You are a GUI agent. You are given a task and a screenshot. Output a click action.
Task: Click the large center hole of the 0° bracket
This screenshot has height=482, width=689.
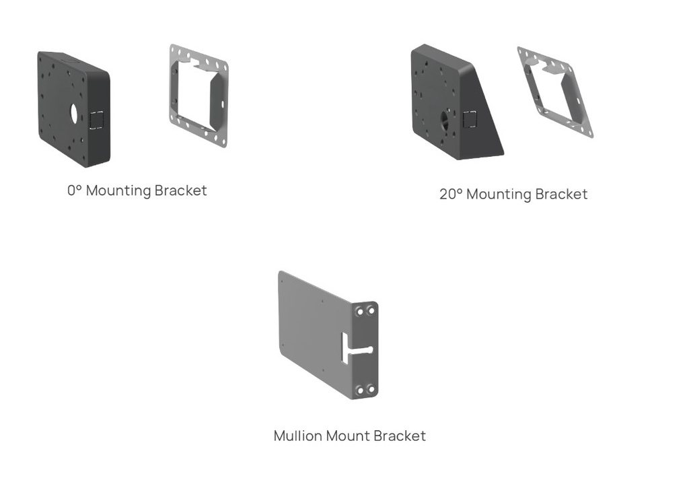(x=74, y=113)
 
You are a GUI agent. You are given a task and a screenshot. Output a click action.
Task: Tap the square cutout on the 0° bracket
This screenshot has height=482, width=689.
(x=96, y=119)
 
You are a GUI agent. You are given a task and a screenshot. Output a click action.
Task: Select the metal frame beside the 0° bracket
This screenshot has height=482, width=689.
(x=198, y=95)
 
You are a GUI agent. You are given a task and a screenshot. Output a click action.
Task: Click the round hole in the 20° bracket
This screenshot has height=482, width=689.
(x=445, y=120)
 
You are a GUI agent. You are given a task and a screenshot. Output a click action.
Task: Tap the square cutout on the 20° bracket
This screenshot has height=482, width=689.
(x=469, y=119)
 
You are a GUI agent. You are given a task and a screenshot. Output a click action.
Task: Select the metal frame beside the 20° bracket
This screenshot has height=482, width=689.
(x=554, y=92)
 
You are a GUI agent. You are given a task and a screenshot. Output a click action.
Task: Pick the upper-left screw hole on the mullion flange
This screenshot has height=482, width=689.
(x=361, y=311)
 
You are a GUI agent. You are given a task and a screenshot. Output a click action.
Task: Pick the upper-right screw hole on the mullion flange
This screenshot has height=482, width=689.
(x=371, y=310)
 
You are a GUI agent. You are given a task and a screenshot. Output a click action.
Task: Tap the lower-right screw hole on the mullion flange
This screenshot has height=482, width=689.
(x=371, y=389)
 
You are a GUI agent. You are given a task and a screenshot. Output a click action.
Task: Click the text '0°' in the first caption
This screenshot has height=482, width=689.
(x=74, y=191)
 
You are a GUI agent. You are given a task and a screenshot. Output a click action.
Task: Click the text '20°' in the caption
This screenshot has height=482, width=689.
(x=450, y=195)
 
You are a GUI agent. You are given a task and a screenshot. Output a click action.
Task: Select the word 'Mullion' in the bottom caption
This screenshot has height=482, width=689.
(x=298, y=436)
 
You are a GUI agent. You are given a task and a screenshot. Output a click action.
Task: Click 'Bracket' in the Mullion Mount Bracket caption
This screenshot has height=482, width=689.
(x=400, y=436)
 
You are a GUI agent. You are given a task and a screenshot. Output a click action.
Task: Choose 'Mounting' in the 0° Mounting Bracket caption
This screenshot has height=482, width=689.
(x=118, y=191)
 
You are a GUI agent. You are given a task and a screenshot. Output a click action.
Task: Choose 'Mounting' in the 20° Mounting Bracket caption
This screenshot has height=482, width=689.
(x=499, y=195)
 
